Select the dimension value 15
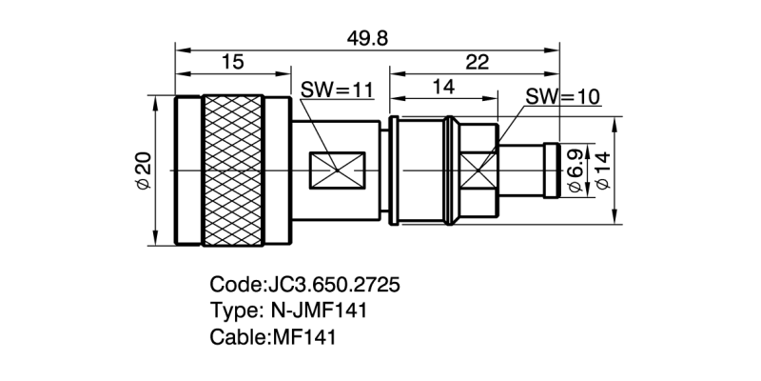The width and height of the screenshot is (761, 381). [x=232, y=62]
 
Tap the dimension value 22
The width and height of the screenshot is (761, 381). [x=477, y=62]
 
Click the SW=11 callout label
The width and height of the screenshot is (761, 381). [x=337, y=90]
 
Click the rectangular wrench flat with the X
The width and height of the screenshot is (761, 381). [x=338, y=171]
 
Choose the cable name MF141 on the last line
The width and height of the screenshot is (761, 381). [x=303, y=336]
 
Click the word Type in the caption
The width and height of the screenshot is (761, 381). [x=231, y=311]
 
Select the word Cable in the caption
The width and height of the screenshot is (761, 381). [x=237, y=336]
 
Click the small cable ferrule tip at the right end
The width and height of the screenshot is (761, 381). [x=551, y=171]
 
